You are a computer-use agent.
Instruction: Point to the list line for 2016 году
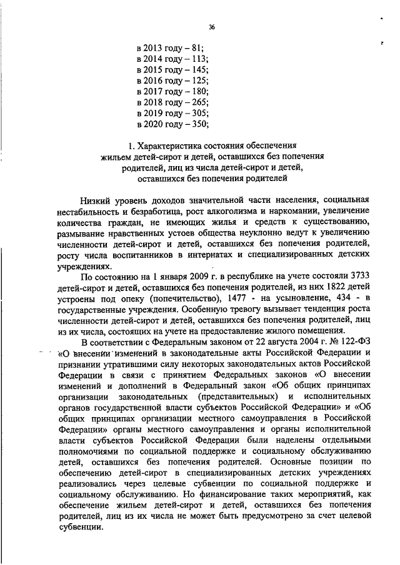click(170, 81)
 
